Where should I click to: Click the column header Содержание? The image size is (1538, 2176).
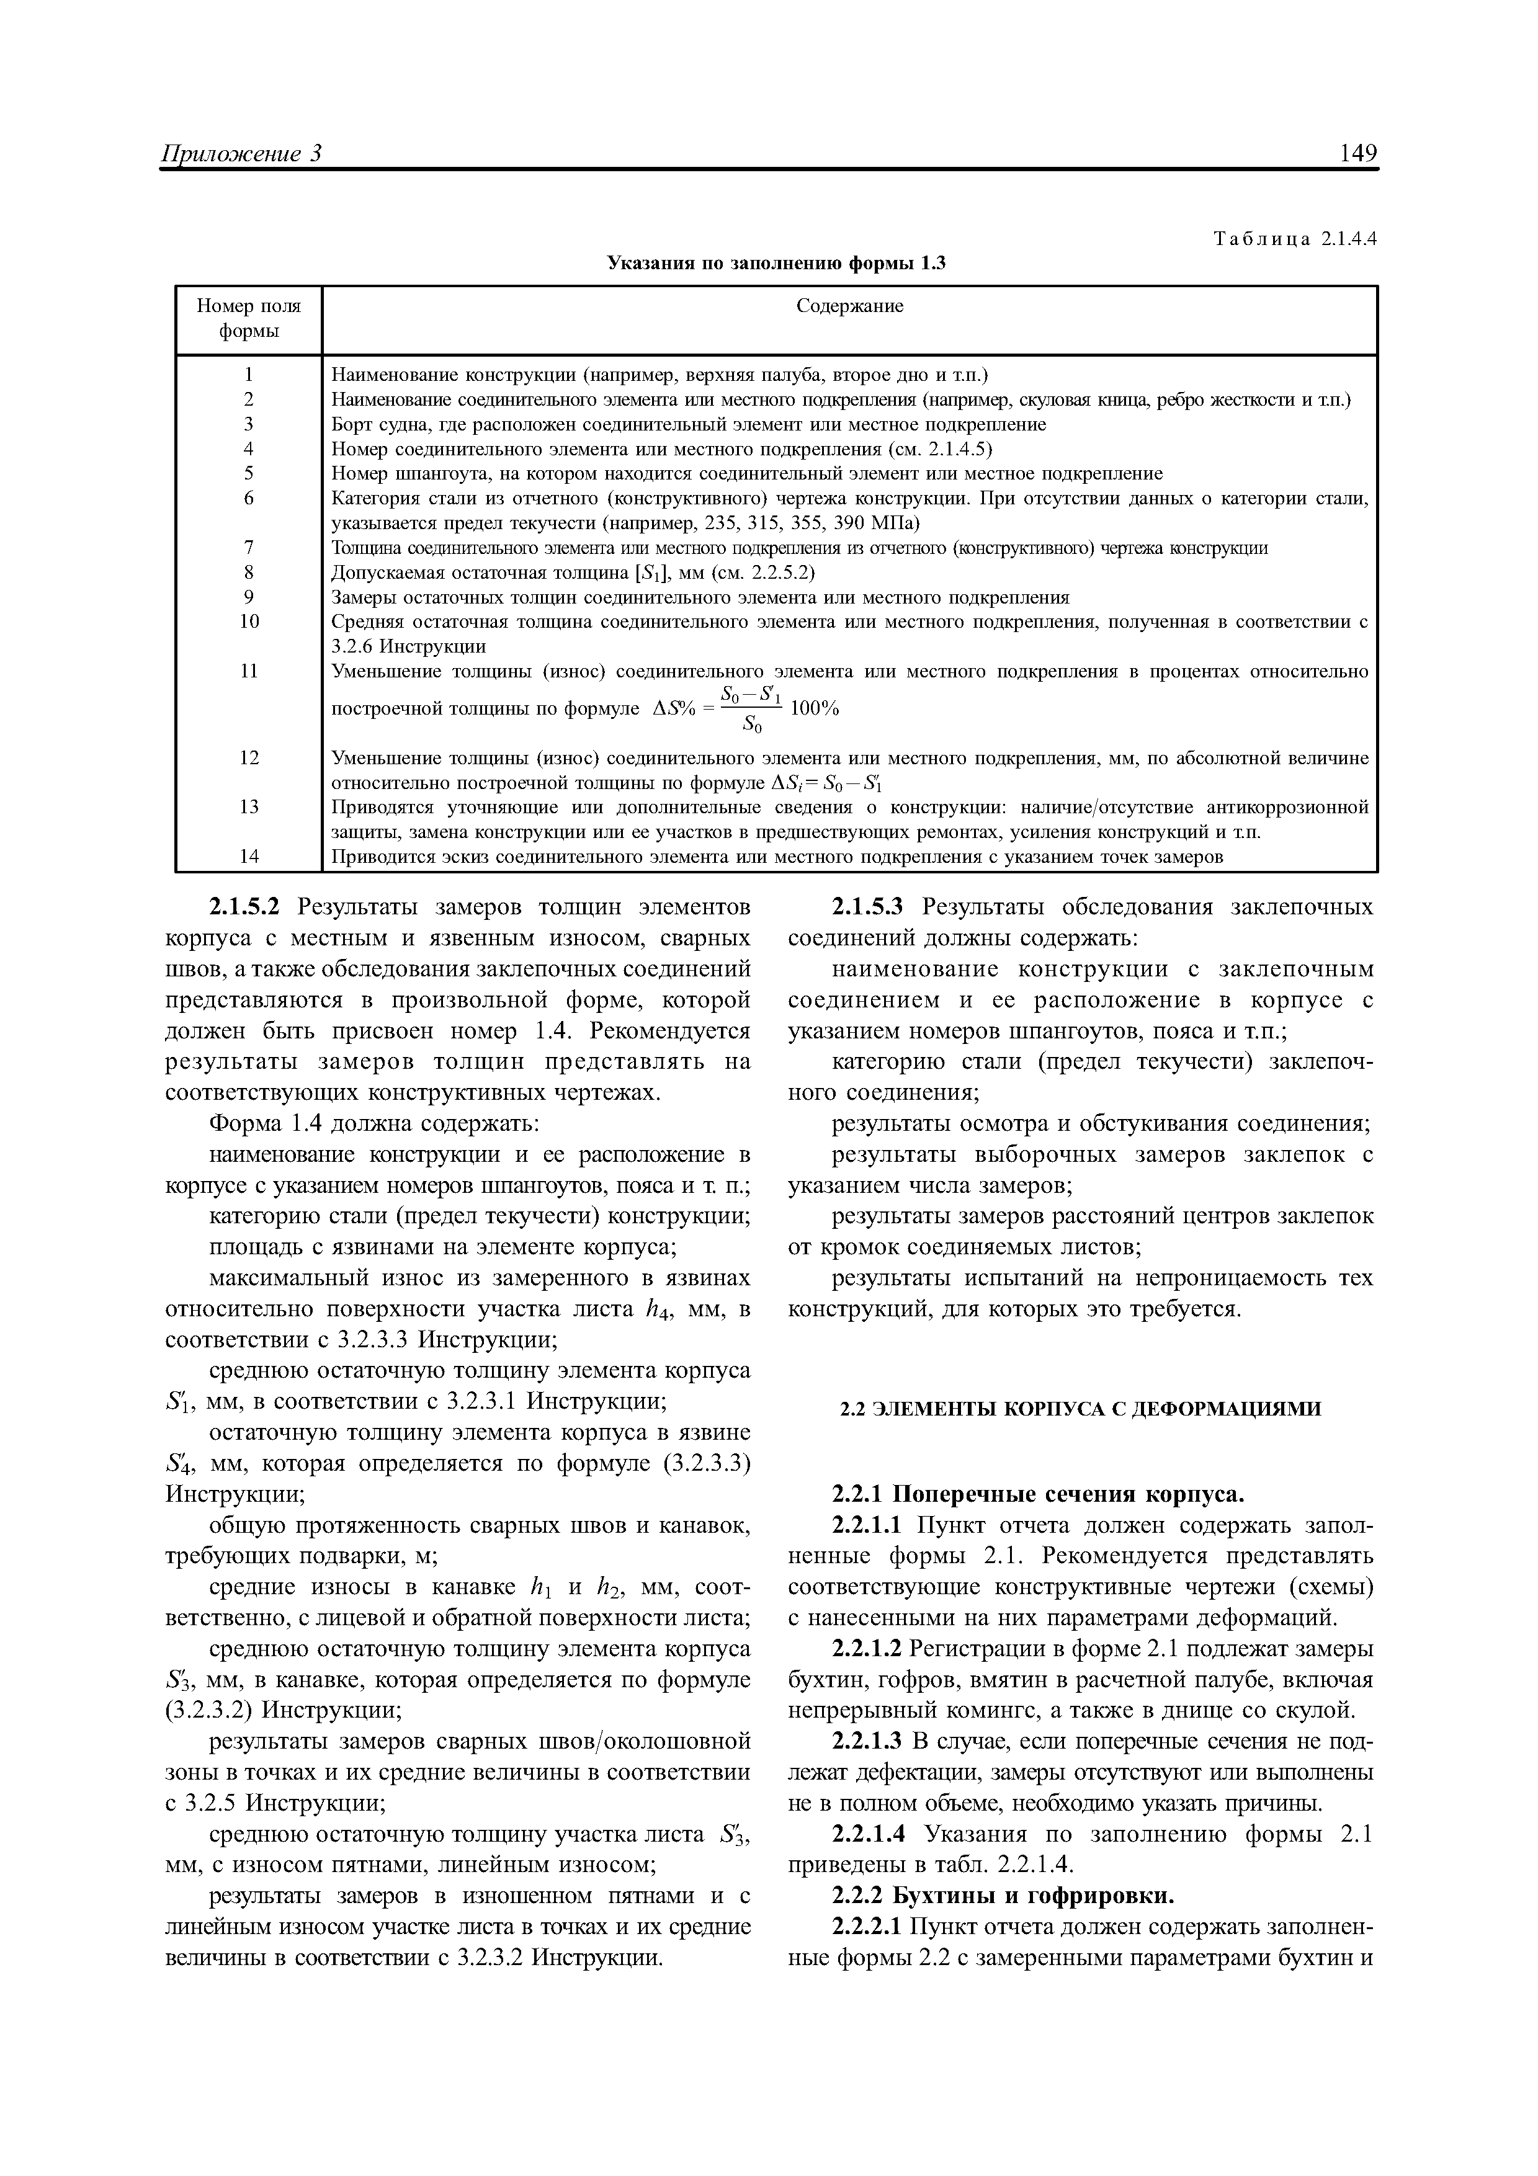849,306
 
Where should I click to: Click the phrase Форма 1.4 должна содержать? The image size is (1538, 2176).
374,1124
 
